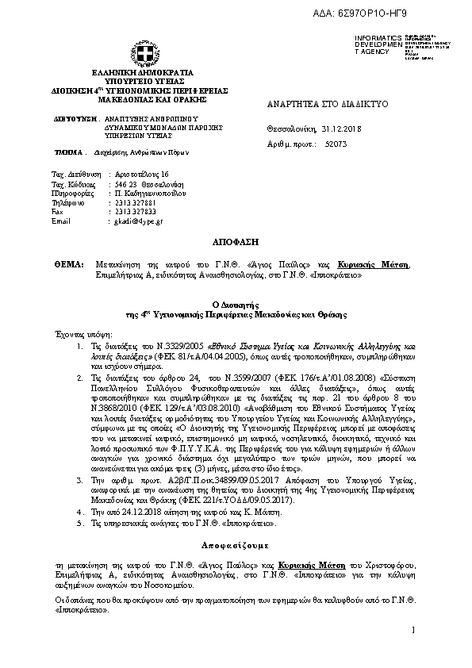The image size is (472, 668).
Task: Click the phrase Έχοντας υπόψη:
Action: pos(77,335)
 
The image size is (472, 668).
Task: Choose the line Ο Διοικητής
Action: pos(236,305)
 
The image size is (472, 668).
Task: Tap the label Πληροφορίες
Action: pos(71,193)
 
